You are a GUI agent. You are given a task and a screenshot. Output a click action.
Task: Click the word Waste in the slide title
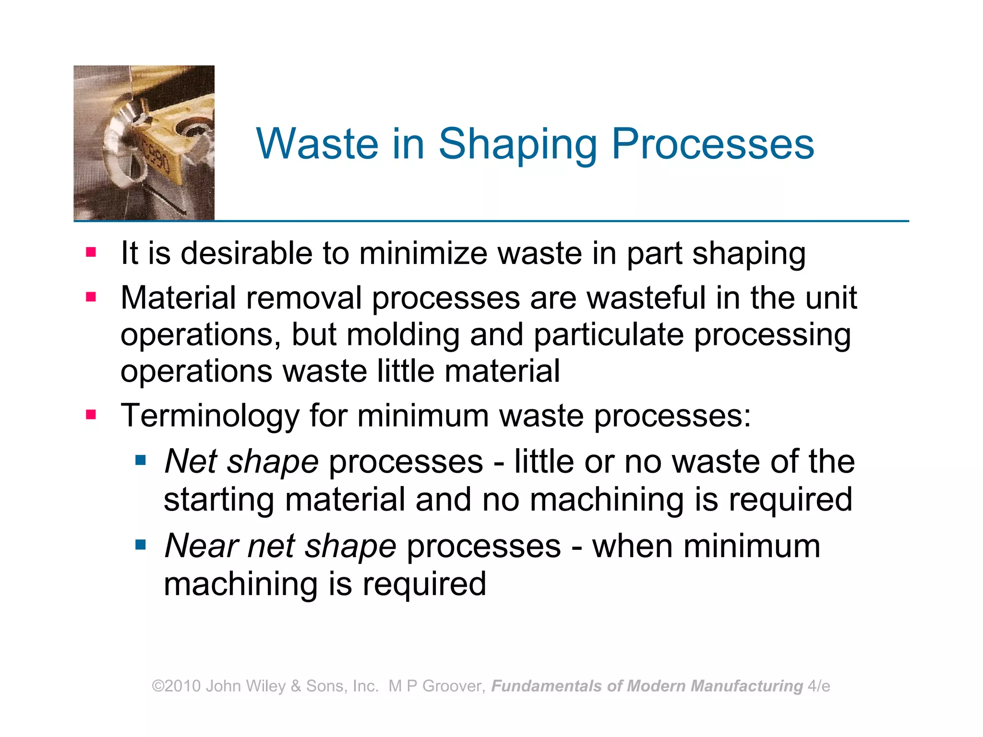pyautogui.click(x=317, y=144)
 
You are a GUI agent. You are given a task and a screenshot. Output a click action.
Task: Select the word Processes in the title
pyautogui.click(x=713, y=144)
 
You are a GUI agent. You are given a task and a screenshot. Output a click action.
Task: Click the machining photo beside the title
pyautogui.click(x=144, y=143)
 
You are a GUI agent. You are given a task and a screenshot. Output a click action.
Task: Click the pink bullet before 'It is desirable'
pyautogui.click(x=91, y=252)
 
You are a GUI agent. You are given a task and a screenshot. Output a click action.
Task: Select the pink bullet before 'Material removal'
pyautogui.click(x=91, y=297)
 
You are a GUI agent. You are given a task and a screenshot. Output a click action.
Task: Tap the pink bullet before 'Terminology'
pyautogui.click(x=91, y=415)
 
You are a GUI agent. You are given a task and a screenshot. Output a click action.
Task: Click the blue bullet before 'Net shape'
pyautogui.click(x=140, y=461)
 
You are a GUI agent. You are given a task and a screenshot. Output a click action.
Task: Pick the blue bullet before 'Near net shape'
pyautogui.click(x=140, y=545)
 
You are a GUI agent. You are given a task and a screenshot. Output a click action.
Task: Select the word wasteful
pyautogui.click(x=646, y=298)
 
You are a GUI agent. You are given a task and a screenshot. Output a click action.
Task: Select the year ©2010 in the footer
pyautogui.click(x=176, y=686)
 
